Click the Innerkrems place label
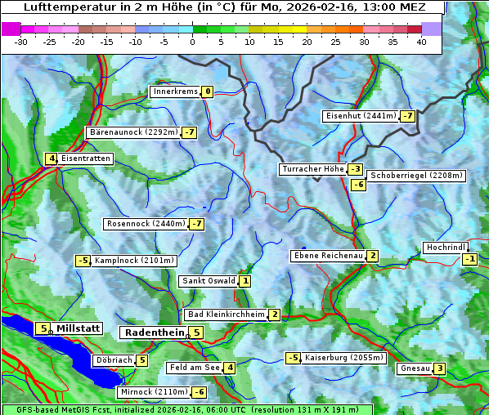click(x=175, y=91)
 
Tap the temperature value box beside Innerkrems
click(x=208, y=91)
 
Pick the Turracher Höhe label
click(x=312, y=169)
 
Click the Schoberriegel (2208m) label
click(x=416, y=176)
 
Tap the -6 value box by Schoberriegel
click(x=358, y=185)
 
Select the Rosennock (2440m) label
click(x=146, y=224)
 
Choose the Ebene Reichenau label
click(x=328, y=256)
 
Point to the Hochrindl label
click(x=446, y=248)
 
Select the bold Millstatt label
click(x=79, y=328)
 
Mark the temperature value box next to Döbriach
click(x=141, y=360)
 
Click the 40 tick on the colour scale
click(x=421, y=41)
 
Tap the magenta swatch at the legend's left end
click(x=11, y=29)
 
